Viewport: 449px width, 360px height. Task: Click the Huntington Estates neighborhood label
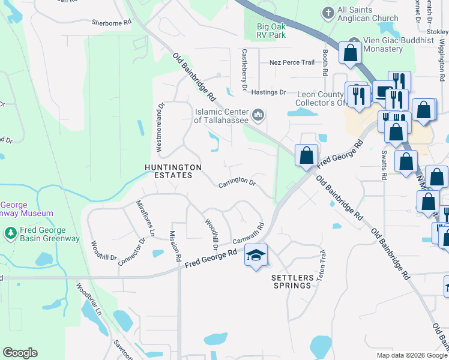[172, 171]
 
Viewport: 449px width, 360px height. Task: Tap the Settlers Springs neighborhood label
[292, 281]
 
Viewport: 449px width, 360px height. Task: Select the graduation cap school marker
[256, 256]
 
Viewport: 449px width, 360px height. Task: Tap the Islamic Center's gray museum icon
[259, 114]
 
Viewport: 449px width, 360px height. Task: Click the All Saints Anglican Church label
[367, 14]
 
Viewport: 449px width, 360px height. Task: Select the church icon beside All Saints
[328, 11]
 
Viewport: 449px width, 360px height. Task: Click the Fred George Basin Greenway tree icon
[10, 232]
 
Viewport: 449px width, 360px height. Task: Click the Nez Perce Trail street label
[292, 62]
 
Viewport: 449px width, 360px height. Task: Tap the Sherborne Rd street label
[111, 23]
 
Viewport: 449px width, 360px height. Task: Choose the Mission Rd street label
[175, 247]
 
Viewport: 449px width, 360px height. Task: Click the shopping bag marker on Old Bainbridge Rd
[306, 155]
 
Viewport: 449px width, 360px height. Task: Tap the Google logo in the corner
[20, 353]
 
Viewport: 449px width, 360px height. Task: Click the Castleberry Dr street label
[244, 70]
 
